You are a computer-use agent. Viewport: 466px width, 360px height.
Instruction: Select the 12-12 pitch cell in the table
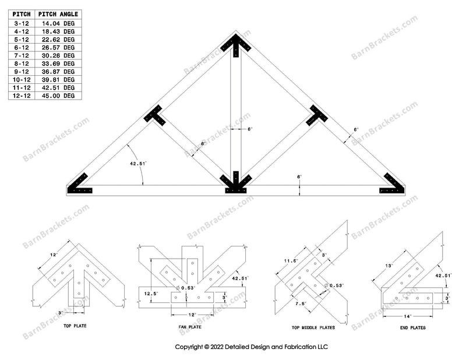pyautogui.click(x=22, y=95)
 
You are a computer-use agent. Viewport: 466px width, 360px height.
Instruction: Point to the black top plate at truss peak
pyautogui.click(x=236, y=44)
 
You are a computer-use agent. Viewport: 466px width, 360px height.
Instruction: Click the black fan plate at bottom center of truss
pyautogui.click(x=236, y=183)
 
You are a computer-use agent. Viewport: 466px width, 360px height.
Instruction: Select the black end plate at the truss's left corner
pyautogui.click(x=80, y=185)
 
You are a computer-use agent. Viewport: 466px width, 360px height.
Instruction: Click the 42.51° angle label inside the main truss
pyautogui.click(x=139, y=164)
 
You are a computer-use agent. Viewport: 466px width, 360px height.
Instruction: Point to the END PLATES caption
pyautogui.click(x=412, y=328)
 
